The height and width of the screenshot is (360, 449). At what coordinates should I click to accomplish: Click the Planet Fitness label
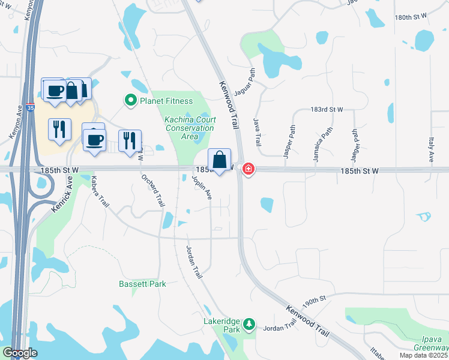166,101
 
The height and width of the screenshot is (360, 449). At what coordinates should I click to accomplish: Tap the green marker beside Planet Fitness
130,101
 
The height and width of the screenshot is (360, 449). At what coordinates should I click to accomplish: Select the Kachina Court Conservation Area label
190,128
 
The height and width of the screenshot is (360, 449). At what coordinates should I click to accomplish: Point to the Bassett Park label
142,284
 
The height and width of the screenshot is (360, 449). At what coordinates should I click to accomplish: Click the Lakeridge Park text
221,325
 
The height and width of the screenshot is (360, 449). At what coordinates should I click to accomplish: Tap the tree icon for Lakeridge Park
249,325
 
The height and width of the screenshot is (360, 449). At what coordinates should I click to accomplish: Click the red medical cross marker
247,170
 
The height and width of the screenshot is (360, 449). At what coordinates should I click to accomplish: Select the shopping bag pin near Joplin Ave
220,161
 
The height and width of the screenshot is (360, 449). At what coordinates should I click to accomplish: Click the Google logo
20,353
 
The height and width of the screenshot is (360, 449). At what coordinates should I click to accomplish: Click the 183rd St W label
327,110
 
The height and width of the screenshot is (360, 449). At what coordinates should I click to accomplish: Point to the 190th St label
314,300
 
